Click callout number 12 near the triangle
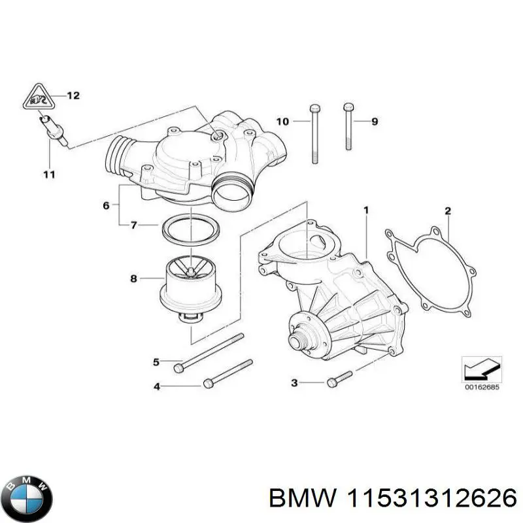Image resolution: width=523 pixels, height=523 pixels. pyautogui.click(x=73, y=96)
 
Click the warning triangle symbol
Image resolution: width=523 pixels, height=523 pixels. pyautogui.click(x=33, y=99)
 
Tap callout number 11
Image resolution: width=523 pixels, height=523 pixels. pyautogui.click(x=50, y=175)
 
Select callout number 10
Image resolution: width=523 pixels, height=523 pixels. pyautogui.click(x=282, y=122)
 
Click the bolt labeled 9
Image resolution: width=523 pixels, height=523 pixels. pyautogui.click(x=348, y=128)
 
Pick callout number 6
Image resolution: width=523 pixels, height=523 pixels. pyautogui.click(x=106, y=206)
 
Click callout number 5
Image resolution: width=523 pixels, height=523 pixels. pyautogui.click(x=156, y=362)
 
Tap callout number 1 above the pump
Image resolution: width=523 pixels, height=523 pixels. pyautogui.click(x=366, y=211)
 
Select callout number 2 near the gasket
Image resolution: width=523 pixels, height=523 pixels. pyautogui.click(x=448, y=211)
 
